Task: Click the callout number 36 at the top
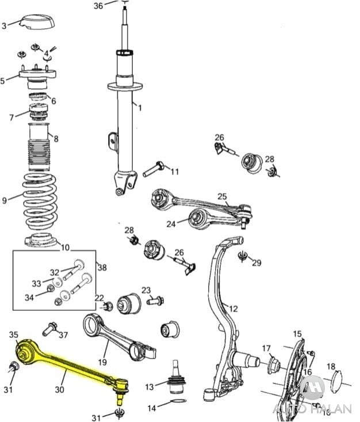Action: pyautogui.click(x=98, y=6)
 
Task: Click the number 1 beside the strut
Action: pyautogui.click(x=139, y=107)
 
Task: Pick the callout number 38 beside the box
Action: pyautogui.click(x=102, y=267)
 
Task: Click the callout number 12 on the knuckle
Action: pyautogui.click(x=233, y=309)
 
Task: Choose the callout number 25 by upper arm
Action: pyautogui.click(x=223, y=196)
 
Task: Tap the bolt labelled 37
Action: pyautogui.click(x=49, y=329)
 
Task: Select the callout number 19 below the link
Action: pyautogui.click(x=102, y=362)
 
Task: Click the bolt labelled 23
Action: pyautogui.click(x=155, y=300)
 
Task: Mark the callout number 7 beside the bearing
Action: pyautogui.click(x=11, y=117)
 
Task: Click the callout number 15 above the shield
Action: pyautogui.click(x=297, y=334)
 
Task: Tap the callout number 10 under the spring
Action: pyautogui.click(x=65, y=248)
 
